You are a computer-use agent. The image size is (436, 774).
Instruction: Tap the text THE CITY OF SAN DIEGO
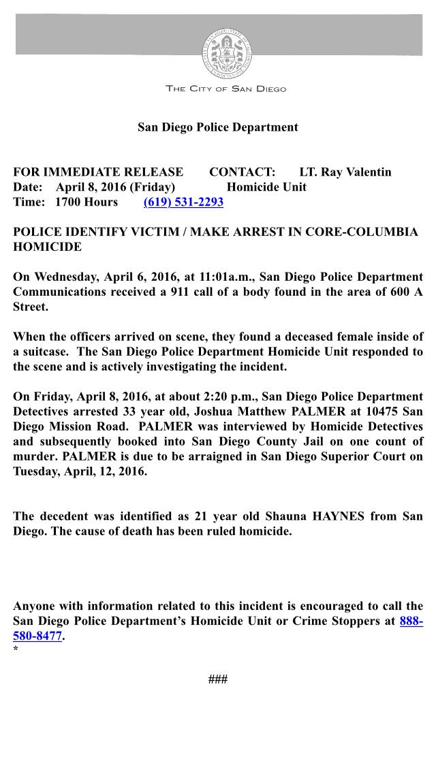click(226, 89)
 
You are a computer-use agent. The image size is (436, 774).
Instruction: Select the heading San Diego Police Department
click(218, 127)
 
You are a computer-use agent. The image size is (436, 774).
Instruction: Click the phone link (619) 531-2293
click(183, 202)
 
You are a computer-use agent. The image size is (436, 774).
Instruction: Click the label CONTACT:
click(243, 172)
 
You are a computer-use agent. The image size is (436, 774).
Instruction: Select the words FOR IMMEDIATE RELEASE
click(98, 172)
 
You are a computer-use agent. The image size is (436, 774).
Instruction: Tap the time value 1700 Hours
click(87, 202)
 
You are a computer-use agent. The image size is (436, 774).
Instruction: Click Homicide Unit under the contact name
click(266, 187)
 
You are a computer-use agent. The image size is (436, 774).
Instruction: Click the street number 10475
click(377, 412)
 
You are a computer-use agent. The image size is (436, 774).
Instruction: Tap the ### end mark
click(218, 679)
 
